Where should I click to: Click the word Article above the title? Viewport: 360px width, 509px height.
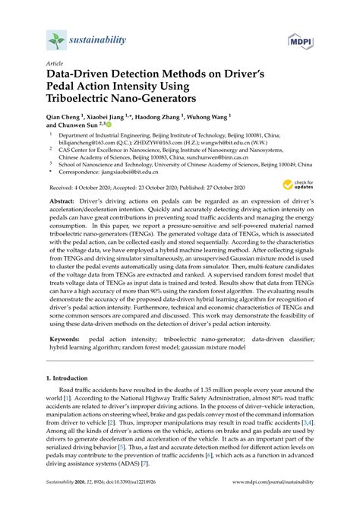(x=55, y=65)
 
